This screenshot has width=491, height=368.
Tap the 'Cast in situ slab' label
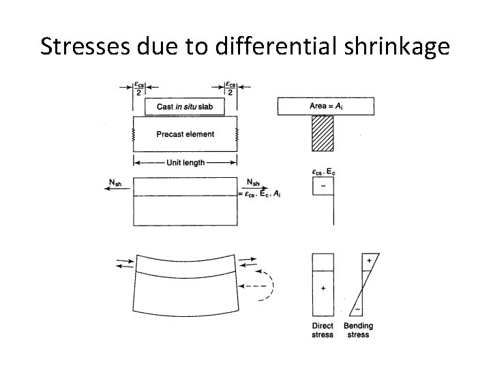(185, 107)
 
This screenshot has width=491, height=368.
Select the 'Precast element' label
(185, 134)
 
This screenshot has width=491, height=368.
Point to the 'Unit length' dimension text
(185, 163)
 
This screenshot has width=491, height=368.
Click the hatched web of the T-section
(323, 134)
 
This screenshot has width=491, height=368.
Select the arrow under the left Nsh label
(117, 190)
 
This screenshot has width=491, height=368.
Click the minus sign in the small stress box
(322, 186)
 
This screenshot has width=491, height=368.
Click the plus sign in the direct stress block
(323, 288)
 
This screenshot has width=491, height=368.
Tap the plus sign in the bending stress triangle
(369, 260)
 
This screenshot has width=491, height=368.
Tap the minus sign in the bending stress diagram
(357, 308)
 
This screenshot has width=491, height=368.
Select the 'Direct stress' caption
(323, 331)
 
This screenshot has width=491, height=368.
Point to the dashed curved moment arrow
(270, 286)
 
